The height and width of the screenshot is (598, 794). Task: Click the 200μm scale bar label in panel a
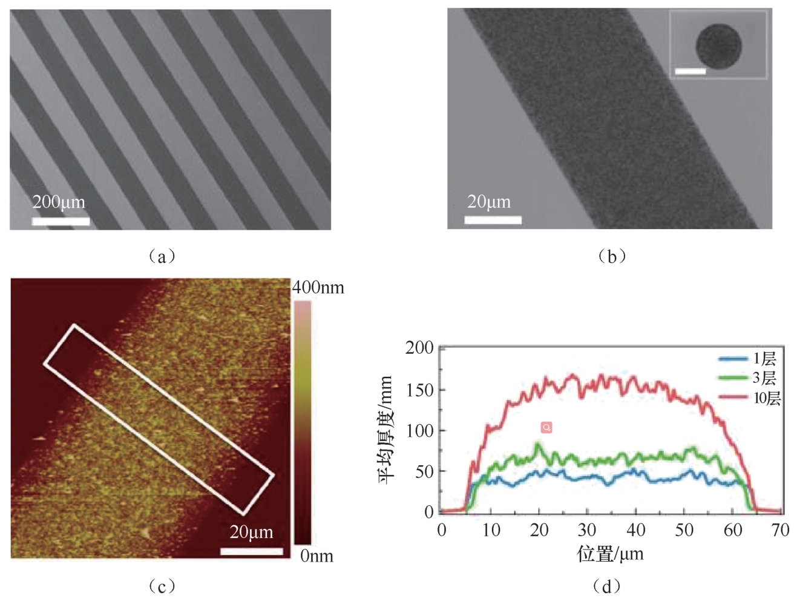(x=59, y=202)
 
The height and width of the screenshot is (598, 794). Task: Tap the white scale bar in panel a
(x=61, y=221)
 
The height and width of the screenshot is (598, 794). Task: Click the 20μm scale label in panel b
(x=488, y=202)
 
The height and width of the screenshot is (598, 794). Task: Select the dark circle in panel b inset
(x=718, y=47)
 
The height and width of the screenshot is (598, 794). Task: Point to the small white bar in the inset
(x=690, y=71)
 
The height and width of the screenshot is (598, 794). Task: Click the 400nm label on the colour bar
(x=318, y=287)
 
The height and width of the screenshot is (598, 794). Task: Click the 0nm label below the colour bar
(x=317, y=556)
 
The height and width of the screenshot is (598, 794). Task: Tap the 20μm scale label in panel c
(x=251, y=532)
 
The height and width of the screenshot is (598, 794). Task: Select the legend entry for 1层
(x=749, y=359)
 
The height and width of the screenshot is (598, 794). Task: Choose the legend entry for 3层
(x=749, y=378)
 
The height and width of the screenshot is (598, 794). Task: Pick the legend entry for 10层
(x=750, y=397)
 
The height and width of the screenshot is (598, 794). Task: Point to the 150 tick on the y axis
(x=420, y=390)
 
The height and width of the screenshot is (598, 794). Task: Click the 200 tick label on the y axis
(x=419, y=348)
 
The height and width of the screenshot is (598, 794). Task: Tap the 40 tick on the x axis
(x=635, y=530)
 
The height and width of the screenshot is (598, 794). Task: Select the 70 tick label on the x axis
(x=781, y=530)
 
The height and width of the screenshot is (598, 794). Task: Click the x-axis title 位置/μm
(x=610, y=553)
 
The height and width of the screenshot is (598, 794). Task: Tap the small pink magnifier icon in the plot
(x=546, y=428)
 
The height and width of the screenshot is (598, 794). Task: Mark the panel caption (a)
(x=162, y=256)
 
